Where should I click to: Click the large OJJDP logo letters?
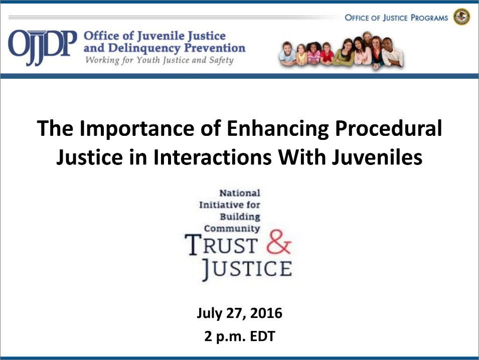(43, 48)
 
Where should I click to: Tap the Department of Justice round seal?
(461, 17)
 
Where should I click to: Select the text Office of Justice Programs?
(396, 18)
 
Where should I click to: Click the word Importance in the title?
(137, 128)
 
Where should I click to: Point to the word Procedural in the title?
(388, 128)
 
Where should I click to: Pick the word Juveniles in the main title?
(377, 157)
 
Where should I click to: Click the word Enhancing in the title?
(278, 128)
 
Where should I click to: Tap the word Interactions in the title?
(212, 157)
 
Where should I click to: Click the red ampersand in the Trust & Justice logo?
(278, 242)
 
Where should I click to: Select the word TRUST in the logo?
(222, 244)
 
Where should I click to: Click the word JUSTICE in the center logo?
(247, 269)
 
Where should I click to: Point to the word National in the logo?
(240, 193)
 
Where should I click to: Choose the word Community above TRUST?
(232, 228)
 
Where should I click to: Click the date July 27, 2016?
(240, 313)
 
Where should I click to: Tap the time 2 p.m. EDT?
(240, 336)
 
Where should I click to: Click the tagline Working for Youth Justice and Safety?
(159, 60)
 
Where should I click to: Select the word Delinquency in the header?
(144, 48)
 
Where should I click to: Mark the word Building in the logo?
(240, 217)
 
